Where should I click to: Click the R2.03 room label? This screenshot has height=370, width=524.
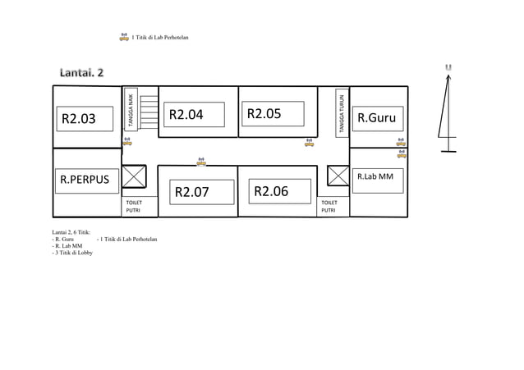pos(78,119)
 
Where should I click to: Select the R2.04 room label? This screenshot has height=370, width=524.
pos(186,114)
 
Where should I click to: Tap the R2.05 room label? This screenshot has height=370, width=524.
pos(264,113)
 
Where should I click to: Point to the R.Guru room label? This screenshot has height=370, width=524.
pos(377,118)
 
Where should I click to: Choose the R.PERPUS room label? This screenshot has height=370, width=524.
pos(85,179)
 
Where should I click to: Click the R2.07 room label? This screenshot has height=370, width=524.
pos(191,193)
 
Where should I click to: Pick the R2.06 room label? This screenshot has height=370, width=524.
pos(271,191)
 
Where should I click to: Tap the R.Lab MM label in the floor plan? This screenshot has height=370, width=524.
pos(375,176)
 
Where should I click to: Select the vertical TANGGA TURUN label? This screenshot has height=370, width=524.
pos(341,113)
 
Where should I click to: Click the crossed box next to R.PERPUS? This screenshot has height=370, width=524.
pos(133,176)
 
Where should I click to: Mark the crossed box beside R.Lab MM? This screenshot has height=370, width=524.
pos(338,176)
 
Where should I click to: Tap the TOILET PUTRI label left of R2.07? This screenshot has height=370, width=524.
pos(133,206)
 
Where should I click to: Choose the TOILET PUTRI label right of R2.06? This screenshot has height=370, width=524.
pos(329,206)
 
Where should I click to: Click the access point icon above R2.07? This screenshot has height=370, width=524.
pos(201,162)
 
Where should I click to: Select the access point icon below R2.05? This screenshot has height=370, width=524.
pos(309,142)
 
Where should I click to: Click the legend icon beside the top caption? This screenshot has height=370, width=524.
pos(124,36)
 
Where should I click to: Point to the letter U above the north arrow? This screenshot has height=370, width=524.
pos(448,66)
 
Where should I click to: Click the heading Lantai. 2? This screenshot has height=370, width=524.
pos(81,72)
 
